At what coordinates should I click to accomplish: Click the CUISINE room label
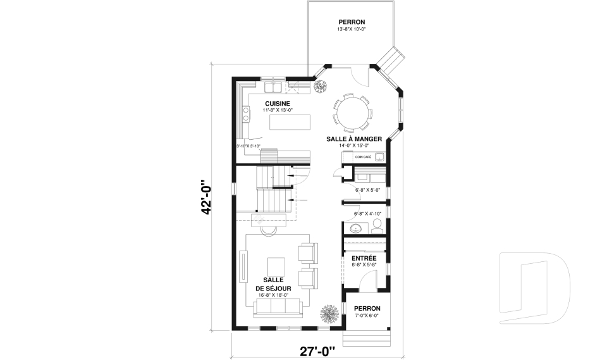[x=277, y=103]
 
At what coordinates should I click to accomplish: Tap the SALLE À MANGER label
[x=353, y=139]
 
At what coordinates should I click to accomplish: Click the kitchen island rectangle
[x=291, y=121]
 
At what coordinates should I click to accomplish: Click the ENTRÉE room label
[x=364, y=258]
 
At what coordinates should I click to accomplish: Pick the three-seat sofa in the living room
[x=279, y=308]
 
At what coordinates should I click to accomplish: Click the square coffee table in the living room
[x=276, y=266]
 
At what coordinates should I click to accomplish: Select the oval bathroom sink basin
[x=356, y=228]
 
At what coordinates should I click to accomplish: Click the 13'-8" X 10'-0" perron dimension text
[x=352, y=29]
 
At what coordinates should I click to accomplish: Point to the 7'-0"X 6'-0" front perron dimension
[x=367, y=315]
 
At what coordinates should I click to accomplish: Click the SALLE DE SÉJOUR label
[x=273, y=283]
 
